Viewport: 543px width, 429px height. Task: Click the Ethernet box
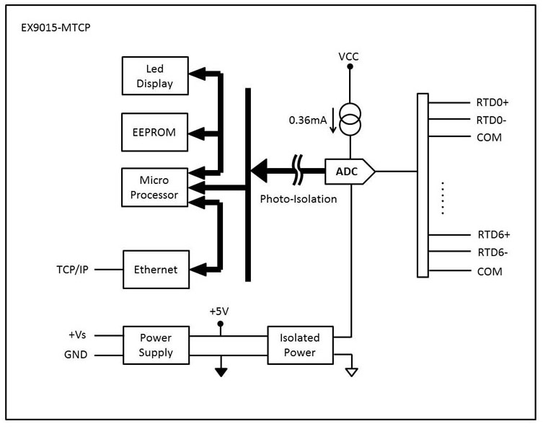click(155, 270)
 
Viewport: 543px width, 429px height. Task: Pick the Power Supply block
click(156, 345)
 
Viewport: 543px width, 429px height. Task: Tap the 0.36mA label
click(309, 120)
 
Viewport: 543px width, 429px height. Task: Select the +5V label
click(221, 311)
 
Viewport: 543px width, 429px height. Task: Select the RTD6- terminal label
click(493, 252)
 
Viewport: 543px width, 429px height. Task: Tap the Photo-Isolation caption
click(299, 199)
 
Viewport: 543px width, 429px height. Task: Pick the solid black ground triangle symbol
click(221, 372)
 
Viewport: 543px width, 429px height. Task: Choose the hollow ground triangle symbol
click(350, 372)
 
